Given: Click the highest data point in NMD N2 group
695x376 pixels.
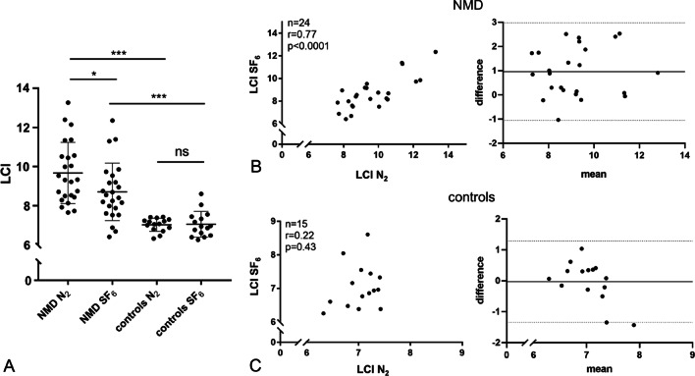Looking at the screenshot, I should (x=68, y=102).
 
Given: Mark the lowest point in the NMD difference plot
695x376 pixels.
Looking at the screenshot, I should (x=559, y=120).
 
